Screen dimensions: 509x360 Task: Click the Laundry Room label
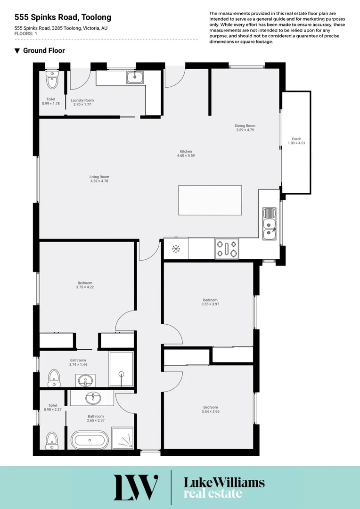point(82,100)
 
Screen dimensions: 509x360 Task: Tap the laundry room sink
point(135,77)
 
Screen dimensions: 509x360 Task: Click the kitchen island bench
point(210,200)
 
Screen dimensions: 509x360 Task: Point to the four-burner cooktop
point(227,248)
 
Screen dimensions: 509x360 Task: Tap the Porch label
point(296,139)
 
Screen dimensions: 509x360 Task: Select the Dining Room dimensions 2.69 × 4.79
point(245,130)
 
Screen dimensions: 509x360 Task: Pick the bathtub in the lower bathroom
point(90,441)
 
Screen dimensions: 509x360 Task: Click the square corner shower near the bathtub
point(123,438)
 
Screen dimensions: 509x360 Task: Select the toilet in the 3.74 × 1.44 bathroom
point(54,378)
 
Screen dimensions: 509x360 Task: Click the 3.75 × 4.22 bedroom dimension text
point(85,287)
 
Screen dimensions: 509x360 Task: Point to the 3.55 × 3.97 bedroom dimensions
point(210,304)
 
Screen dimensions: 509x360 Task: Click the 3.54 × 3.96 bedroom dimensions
point(210,411)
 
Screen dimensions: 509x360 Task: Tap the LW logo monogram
point(136,487)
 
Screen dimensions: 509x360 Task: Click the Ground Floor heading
point(43,51)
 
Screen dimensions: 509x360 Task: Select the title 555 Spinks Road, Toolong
point(63,17)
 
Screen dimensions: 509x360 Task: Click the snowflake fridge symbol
point(176,248)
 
